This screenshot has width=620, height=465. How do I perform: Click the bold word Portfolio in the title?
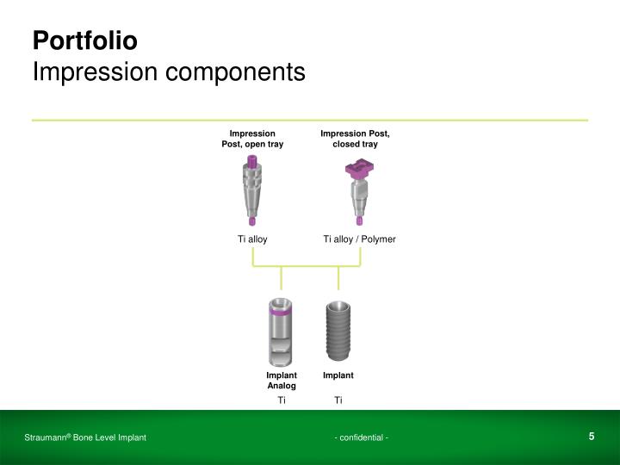point(84,40)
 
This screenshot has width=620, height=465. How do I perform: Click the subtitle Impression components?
point(169,71)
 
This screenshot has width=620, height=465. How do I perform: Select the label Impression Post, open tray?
point(252,139)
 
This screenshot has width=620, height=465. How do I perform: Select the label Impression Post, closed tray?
point(355,139)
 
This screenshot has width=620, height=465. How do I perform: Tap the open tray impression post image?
point(251,190)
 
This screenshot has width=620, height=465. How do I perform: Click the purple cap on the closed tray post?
point(357,171)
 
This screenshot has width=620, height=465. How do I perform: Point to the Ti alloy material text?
point(253,239)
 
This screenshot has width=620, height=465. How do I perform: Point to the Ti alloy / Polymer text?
point(359,239)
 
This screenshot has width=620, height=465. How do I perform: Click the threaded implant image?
point(338,332)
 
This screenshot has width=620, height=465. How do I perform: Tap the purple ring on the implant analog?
point(282,313)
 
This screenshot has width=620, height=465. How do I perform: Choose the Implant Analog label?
point(282,381)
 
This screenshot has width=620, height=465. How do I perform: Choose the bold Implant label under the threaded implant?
point(338,375)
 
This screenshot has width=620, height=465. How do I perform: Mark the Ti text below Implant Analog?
point(282,400)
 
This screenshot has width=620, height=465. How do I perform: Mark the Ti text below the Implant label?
point(338,400)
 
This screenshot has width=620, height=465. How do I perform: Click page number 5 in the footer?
point(592,437)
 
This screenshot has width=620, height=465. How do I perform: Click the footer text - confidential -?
point(362,439)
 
